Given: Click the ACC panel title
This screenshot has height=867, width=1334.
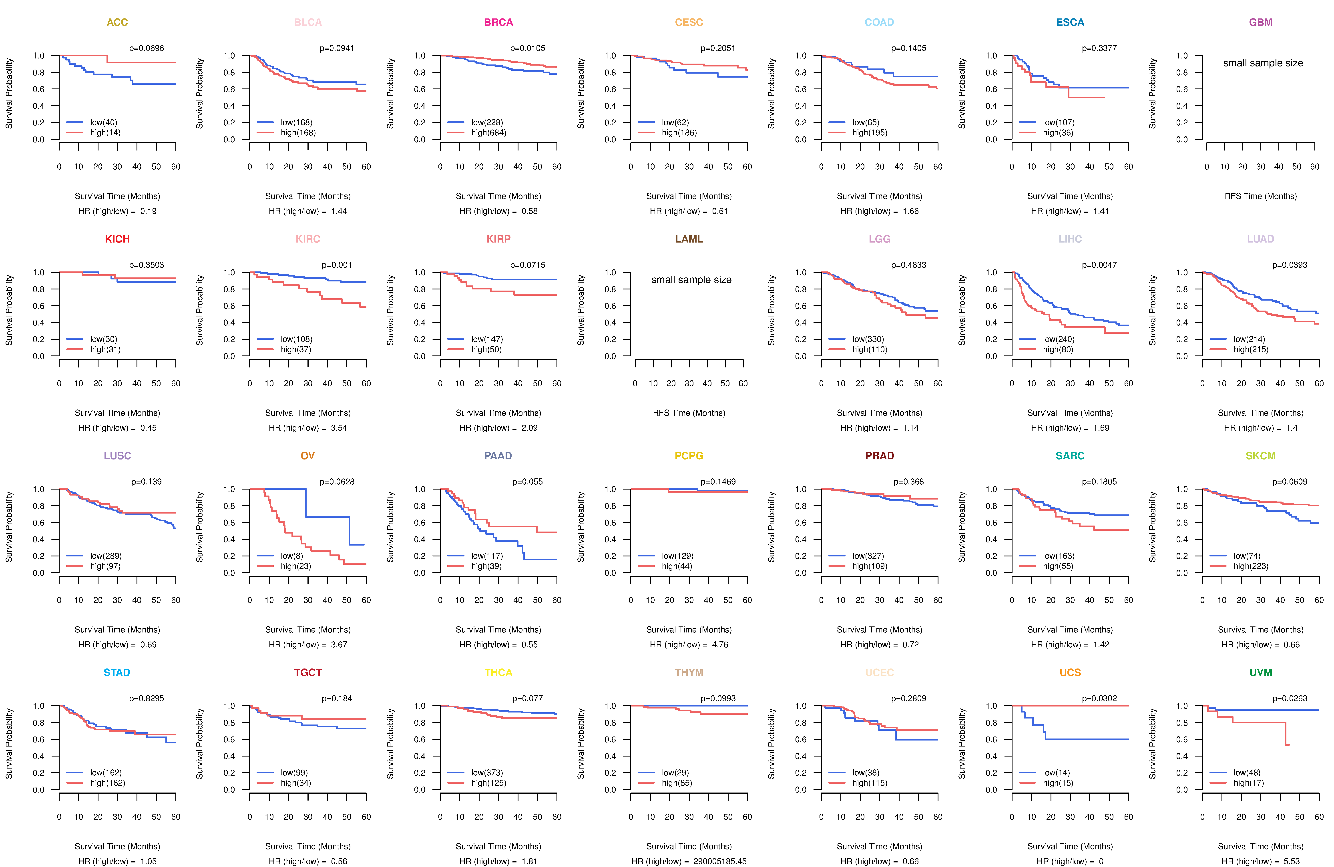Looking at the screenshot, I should click(x=117, y=22).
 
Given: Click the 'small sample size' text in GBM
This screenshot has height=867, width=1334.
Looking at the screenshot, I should click(x=1263, y=63).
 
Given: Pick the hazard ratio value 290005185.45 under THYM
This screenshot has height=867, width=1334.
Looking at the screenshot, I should click(x=720, y=861).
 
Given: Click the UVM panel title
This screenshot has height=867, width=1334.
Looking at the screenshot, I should click(x=1261, y=672).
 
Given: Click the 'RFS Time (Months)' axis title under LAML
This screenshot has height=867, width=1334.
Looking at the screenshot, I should click(x=689, y=413).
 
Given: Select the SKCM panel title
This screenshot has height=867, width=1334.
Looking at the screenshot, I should click(x=1261, y=456).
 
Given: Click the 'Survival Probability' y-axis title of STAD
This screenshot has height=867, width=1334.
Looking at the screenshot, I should click(x=9, y=744).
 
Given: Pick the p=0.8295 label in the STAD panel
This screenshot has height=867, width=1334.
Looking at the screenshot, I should click(x=146, y=698).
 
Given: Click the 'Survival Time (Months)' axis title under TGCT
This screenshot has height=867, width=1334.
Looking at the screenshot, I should click(x=308, y=846).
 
